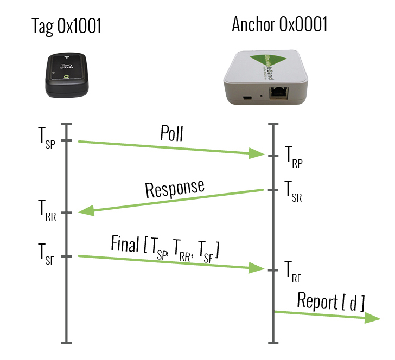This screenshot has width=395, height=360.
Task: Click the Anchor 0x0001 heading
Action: point(279,24)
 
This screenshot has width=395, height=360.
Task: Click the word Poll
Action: point(171,134)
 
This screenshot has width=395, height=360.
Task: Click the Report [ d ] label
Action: point(332,301)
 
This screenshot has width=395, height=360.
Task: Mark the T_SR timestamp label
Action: point(294,191)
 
